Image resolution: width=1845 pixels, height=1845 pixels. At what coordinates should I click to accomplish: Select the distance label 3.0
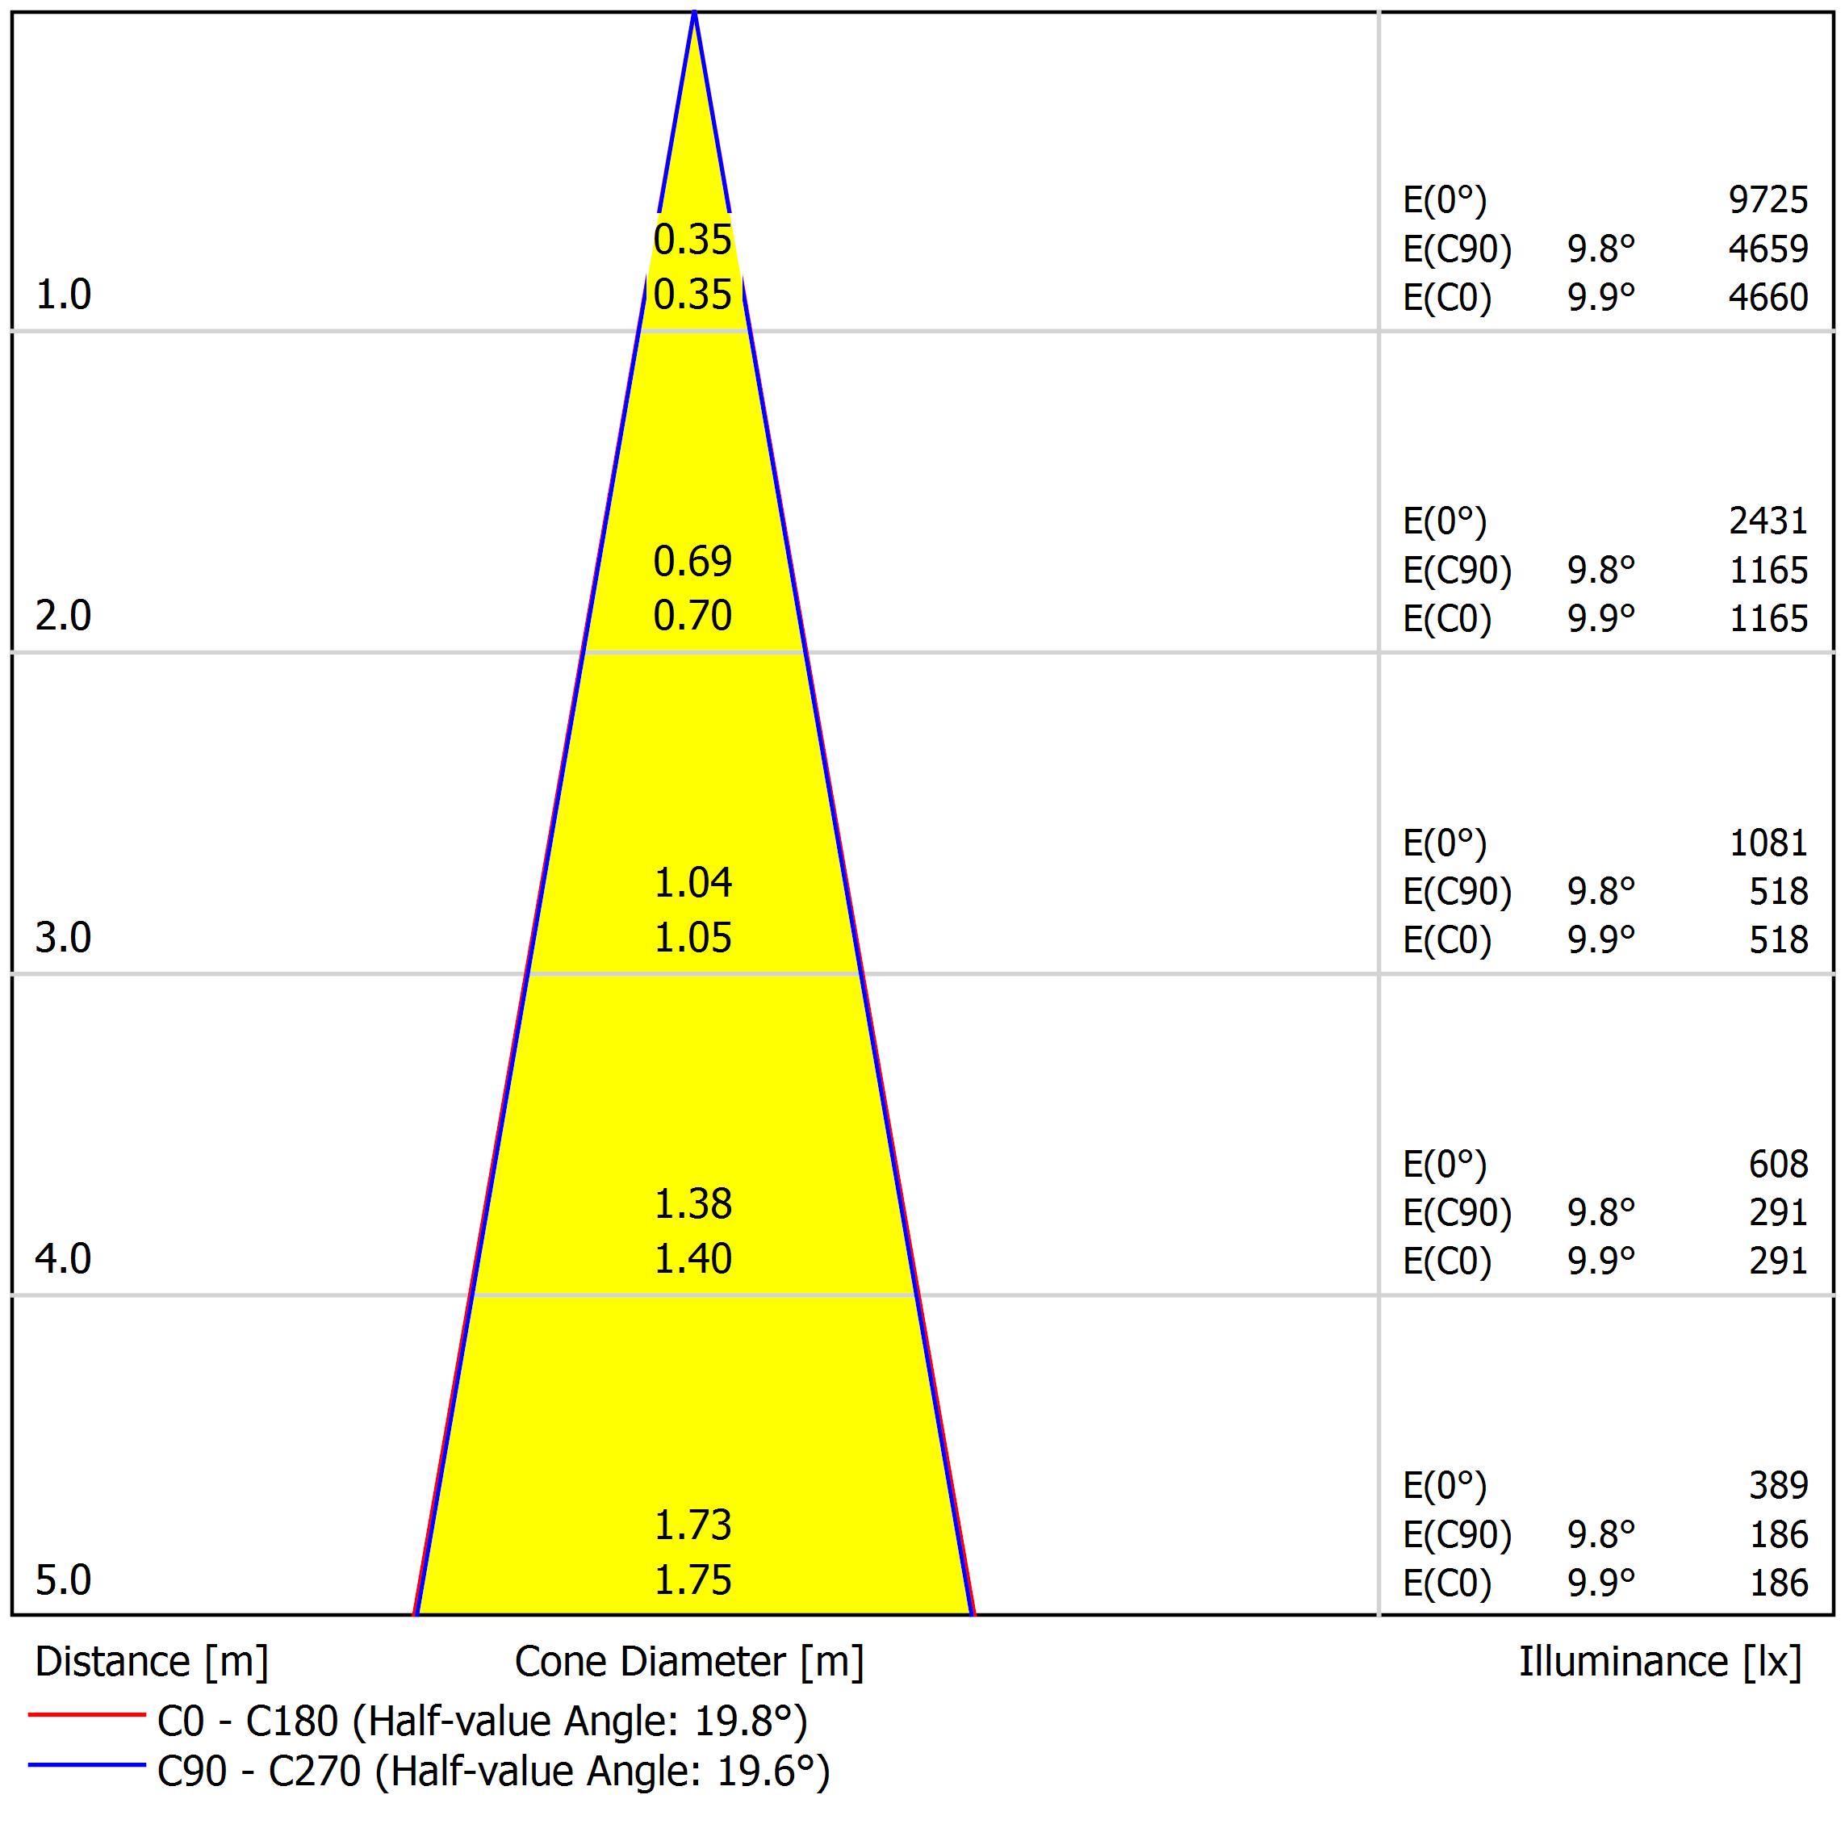[63, 938]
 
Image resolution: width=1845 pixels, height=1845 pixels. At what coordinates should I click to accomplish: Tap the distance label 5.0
[63, 1580]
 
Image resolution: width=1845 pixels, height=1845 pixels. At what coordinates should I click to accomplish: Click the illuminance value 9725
[1768, 199]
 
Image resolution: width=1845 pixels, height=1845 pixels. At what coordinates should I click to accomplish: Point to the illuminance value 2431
[1768, 521]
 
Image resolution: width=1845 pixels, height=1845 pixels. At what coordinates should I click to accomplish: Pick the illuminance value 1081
[1768, 843]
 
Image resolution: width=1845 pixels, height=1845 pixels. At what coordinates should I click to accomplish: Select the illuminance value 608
[1778, 1164]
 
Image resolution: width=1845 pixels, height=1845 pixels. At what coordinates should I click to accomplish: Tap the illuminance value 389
[1778, 1485]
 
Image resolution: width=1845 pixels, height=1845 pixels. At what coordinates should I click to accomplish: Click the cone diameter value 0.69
[692, 562]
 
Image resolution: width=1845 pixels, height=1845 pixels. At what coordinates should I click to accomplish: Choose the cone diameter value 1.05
[692, 939]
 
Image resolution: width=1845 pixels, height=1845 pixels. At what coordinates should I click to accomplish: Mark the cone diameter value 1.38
[692, 1204]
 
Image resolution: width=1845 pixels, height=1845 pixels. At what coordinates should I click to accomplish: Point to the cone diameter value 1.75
[692, 1580]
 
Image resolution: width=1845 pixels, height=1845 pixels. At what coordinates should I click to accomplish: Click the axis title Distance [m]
[152, 1663]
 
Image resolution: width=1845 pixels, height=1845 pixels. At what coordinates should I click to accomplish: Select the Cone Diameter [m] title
[688, 1663]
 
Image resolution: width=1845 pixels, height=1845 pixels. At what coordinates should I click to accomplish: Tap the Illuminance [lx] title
[1659, 1663]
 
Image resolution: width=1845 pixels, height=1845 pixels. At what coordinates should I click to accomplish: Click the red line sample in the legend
[86, 1715]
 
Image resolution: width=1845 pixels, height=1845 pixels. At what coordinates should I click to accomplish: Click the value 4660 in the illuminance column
[1768, 298]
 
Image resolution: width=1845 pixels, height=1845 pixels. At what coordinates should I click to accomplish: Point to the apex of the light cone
[694, 14]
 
